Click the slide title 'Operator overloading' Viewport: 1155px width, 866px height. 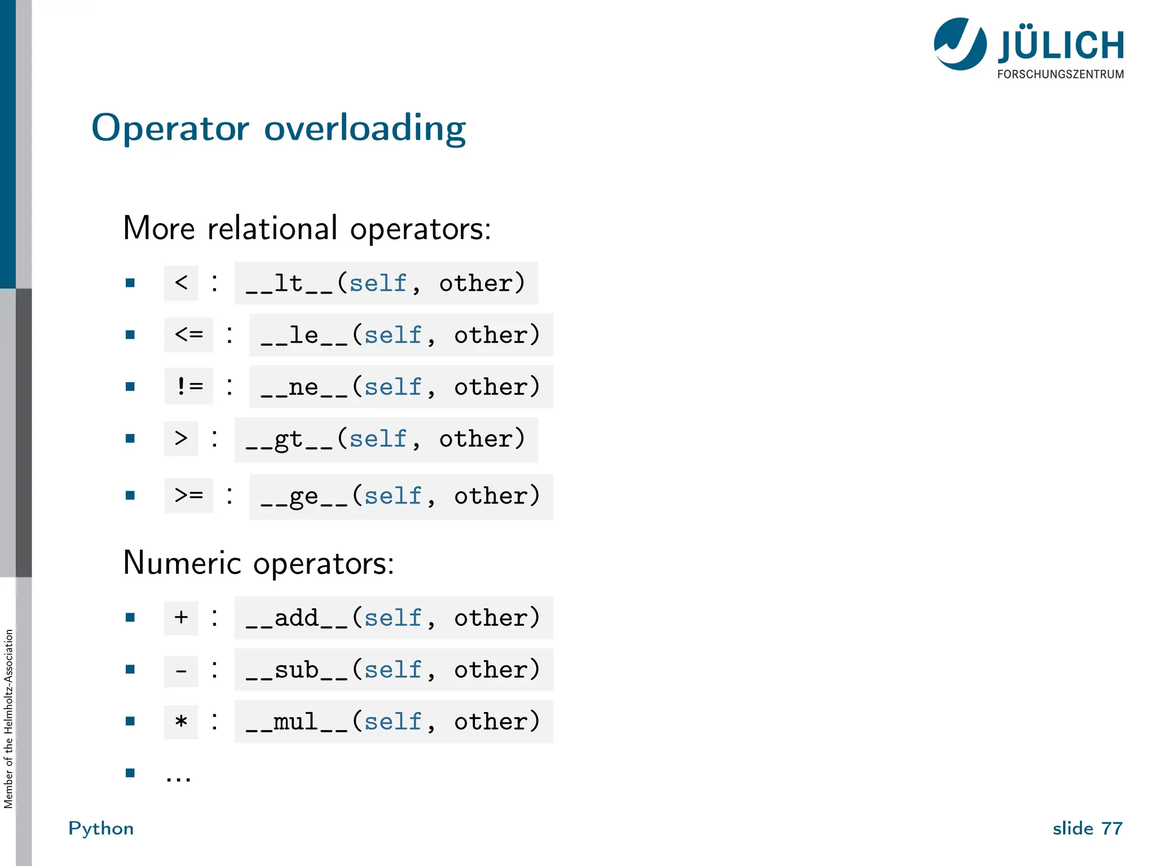[279, 129]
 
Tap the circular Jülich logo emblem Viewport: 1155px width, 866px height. [960, 44]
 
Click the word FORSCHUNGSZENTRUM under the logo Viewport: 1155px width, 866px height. [1060, 74]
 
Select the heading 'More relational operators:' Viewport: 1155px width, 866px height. [307, 228]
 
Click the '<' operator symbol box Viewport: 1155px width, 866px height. [181, 282]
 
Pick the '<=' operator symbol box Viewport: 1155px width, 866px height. [189, 335]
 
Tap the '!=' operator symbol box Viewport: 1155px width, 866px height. [189, 386]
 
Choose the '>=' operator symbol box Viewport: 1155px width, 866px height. [189, 496]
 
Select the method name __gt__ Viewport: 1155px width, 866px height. [289, 439]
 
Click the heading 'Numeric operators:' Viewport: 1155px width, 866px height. [258, 563]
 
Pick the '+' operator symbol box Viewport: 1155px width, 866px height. [181, 617]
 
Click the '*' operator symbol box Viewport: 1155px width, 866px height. [181, 722]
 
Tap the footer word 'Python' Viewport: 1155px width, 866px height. [101, 828]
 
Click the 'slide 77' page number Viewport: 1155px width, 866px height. [1087, 828]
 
